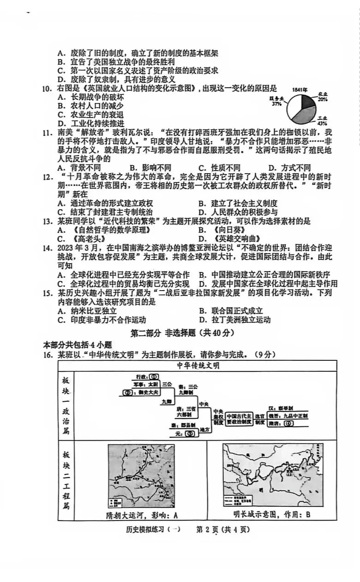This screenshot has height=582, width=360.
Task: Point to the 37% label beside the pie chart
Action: pyautogui.click(x=276, y=104)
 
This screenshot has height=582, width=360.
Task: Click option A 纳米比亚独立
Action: pyautogui.click(x=87, y=311)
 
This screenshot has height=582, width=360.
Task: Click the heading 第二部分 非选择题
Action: pyautogui.click(x=183, y=333)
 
